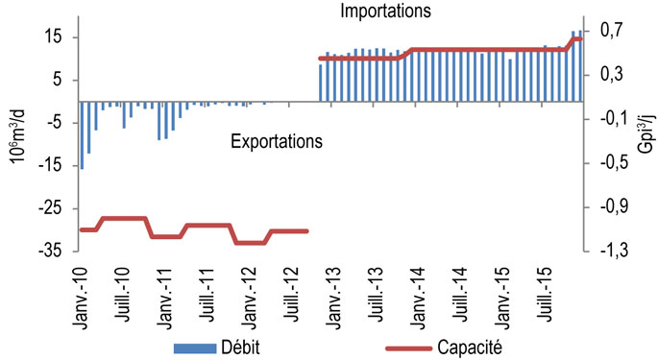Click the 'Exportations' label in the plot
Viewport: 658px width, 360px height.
[x=277, y=141]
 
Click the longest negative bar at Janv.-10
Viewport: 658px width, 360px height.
[x=82, y=134]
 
